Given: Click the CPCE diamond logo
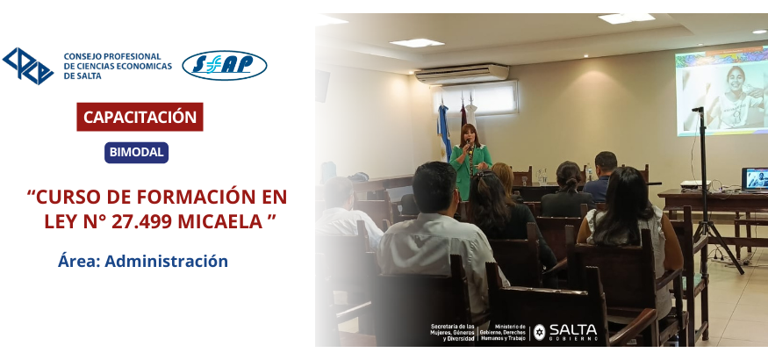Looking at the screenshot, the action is tap(28, 66).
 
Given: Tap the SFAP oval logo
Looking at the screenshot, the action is tap(225, 66).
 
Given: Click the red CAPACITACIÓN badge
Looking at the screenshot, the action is tap(140, 117).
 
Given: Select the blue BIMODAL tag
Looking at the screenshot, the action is tap(136, 152).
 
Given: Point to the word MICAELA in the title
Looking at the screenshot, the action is tap(220, 221).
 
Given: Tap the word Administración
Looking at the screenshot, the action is tap(167, 261).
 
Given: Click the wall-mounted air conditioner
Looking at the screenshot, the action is tap(462, 74).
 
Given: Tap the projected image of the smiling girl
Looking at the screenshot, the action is tap(721, 92).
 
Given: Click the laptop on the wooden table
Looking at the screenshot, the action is tap(754, 179).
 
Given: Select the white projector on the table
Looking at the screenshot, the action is tap(695, 185).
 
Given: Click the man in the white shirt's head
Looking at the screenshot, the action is tap(434, 188).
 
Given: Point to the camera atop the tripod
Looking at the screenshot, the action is tap(698, 110).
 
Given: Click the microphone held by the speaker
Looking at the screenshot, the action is tap(468, 145).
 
